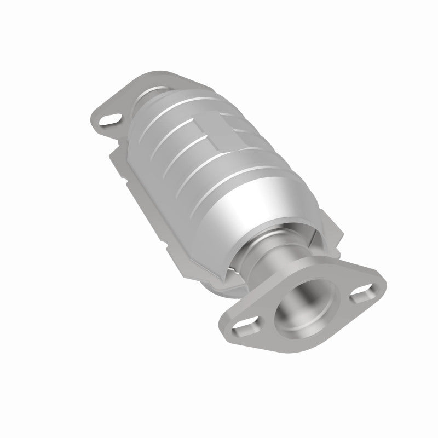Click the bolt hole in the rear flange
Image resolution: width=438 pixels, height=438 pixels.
point(111,117)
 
